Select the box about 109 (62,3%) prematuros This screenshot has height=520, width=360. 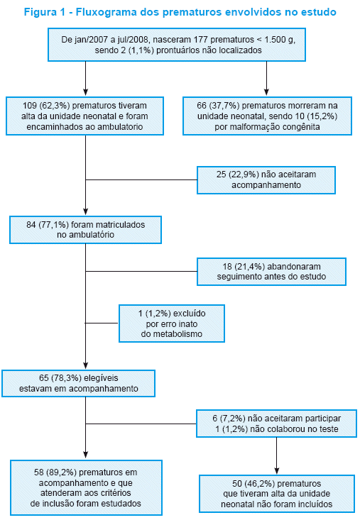[x=85, y=116]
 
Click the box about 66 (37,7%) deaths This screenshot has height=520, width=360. [x=267, y=116]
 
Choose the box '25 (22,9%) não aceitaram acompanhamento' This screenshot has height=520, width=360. [x=266, y=180]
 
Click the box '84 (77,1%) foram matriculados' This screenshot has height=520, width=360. [x=86, y=230]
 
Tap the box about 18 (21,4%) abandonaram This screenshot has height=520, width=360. [x=271, y=272]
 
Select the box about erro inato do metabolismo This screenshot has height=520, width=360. [x=172, y=323]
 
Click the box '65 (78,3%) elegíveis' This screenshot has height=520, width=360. [x=78, y=383]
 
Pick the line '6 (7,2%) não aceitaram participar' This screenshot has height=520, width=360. [x=276, y=419]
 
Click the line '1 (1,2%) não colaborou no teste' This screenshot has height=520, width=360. [x=276, y=429]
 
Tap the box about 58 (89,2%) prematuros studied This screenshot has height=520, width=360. [x=86, y=487]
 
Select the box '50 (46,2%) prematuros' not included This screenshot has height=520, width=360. [x=277, y=494]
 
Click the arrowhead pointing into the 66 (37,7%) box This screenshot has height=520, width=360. [x=266, y=92]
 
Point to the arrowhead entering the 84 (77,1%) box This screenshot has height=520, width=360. [x=86, y=211]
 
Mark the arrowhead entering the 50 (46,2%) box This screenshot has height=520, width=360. [x=277, y=470]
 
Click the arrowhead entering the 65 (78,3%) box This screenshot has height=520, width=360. [x=86, y=365]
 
